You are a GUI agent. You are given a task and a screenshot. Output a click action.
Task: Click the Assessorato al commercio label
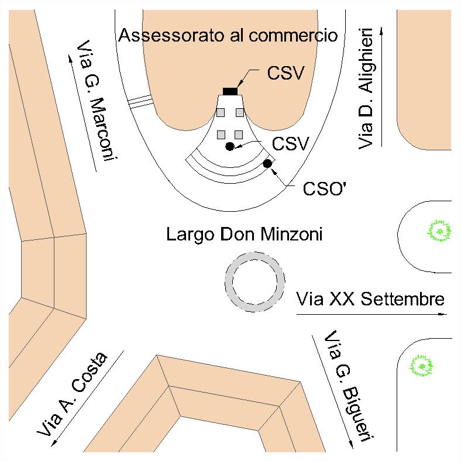point(228,36)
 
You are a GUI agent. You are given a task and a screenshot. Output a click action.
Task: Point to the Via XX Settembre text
point(370,300)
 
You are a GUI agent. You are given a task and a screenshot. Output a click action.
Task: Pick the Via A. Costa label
point(73,395)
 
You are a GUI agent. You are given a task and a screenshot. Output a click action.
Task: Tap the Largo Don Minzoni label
point(245,235)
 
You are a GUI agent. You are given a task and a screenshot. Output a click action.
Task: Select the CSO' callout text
point(323,189)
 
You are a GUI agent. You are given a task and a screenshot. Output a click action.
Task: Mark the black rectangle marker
point(230,91)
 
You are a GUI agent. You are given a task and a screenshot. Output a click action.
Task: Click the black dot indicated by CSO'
point(268,163)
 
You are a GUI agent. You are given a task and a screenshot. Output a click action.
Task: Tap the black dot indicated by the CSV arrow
point(230,146)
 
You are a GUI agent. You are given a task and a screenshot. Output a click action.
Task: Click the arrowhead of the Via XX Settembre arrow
point(443,315)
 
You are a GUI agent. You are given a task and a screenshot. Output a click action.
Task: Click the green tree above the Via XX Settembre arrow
point(439,232)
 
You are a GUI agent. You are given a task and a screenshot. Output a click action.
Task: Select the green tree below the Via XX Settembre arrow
point(422,366)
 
